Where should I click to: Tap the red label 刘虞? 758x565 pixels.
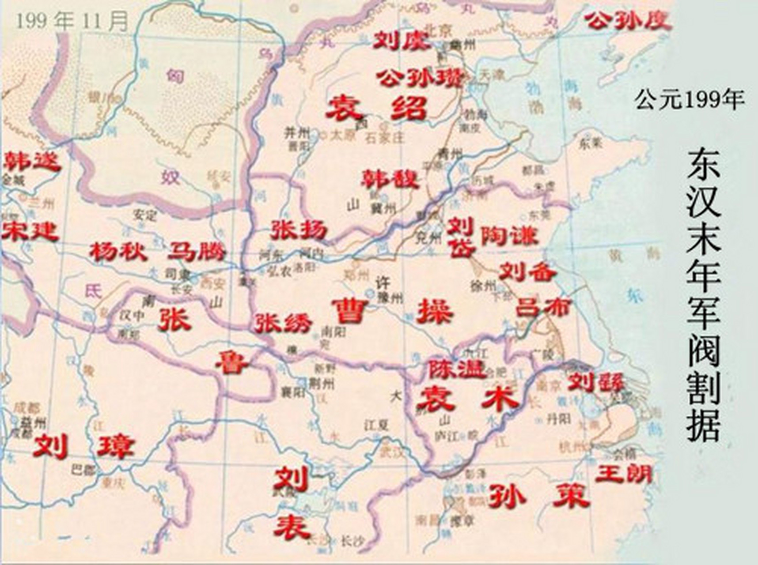[x=401, y=41]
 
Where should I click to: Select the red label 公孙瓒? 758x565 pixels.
[x=420, y=79]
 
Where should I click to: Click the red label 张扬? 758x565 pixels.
[x=299, y=230]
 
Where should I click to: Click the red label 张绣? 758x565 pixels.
[x=283, y=323]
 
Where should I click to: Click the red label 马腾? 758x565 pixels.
[x=196, y=252]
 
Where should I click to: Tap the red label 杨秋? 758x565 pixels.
[x=117, y=252]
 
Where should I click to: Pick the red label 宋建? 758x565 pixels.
[x=30, y=231]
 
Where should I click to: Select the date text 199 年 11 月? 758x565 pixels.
[x=72, y=21]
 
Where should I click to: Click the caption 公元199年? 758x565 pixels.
[x=690, y=99]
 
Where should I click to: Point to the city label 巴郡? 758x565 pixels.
[x=83, y=470]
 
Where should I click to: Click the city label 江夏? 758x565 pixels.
[x=376, y=425]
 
